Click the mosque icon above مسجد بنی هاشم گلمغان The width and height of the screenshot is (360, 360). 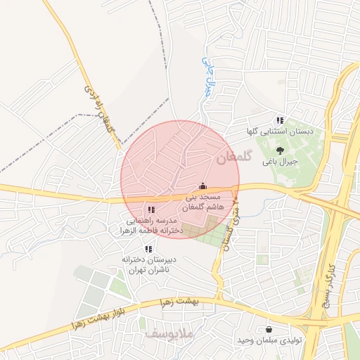coord(203,186)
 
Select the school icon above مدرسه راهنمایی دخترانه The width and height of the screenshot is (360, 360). coord(150,210)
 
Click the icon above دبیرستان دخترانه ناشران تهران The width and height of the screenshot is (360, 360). coord(148,249)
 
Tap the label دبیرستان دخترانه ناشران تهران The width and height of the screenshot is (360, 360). coord(149,264)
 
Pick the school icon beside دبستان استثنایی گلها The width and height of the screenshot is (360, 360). coord(280,120)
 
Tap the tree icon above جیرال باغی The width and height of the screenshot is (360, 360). coord(280,150)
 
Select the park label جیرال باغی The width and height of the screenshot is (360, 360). coord(280,162)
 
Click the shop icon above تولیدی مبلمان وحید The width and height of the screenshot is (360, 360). coord(269,329)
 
